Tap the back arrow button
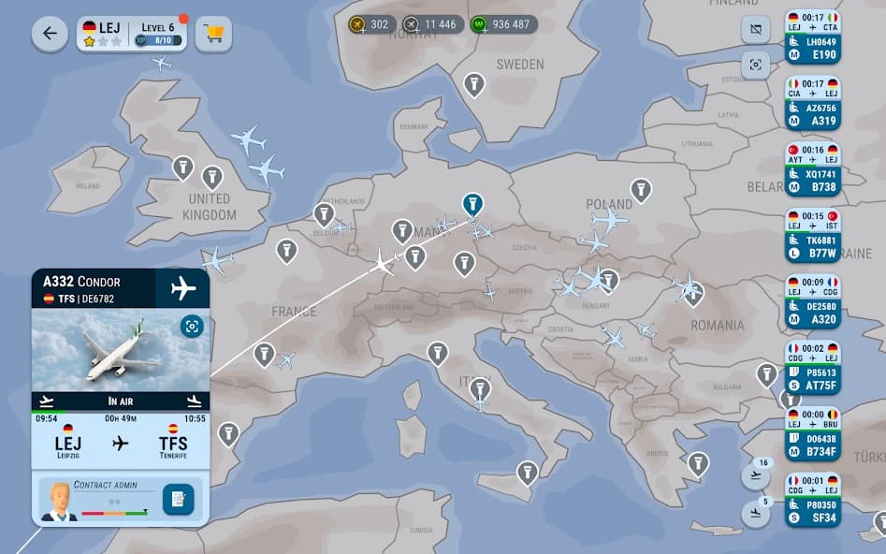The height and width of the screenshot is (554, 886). coord(50,34)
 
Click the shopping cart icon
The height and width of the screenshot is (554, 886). coord(214,34)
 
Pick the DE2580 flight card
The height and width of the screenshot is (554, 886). coord(812,302)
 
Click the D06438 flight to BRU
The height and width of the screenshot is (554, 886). coord(812,434)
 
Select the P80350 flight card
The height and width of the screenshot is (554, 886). coord(812,501)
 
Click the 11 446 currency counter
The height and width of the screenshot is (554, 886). coord(432,24)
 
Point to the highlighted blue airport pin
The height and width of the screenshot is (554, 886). coord(472,203)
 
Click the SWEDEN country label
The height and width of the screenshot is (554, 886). coord(519,65)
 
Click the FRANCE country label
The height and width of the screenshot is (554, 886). coord(294,311)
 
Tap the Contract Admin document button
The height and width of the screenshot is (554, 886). coord(178,500)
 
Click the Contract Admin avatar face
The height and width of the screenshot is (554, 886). coord(59,498)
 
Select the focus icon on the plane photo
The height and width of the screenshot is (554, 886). coord(192,326)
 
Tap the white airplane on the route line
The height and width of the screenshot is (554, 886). coord(383,261)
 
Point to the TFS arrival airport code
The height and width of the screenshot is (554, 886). coord(173,443)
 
